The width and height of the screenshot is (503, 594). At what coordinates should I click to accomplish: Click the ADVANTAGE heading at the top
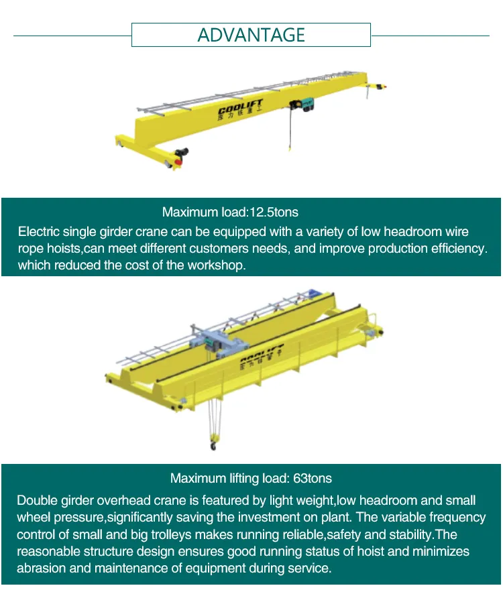pyautogui.click(x=251, y=35)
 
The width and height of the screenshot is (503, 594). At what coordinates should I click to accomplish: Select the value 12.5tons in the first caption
pyautogui.click(x=274, y=213)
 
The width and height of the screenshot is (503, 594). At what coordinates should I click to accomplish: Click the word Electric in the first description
pyautogui.click(x=38, y=232)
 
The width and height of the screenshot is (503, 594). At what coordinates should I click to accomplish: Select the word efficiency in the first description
pyautogui.click(x=455, y=249)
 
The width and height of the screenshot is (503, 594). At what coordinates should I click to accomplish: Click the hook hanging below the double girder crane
pyautogui.click(x=214, y=443)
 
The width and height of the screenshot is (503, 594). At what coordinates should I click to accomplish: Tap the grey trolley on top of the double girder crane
pyautogui.click(x=213, y=342)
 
